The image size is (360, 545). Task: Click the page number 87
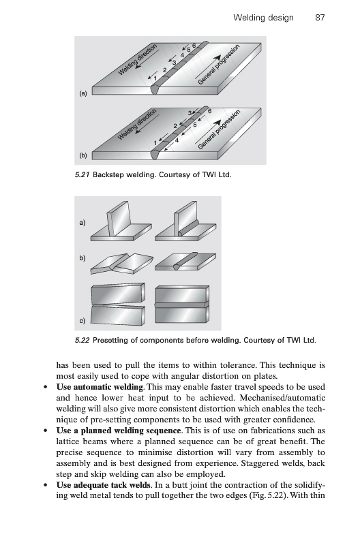coord(320,18)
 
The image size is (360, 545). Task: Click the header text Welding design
coord(263,18)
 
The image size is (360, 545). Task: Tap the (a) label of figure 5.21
coord(83,93)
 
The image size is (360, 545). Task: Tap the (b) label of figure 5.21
coord(83,155)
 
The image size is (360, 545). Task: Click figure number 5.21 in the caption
coord(82,174)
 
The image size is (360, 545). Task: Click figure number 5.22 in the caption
coord(82,340)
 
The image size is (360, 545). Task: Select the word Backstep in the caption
coord(108,175)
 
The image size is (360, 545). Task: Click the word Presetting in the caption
coord(110,340)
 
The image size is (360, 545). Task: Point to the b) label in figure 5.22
coord(82,258)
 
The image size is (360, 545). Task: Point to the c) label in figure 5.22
coord(82,320)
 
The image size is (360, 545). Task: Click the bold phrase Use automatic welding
coord(100,387)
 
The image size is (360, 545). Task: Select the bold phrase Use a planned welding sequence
coord(119,431)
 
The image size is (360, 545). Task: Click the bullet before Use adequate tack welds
coord(45,485)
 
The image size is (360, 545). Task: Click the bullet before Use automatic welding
coord(45,387)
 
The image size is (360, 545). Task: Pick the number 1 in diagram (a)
coord(155,78)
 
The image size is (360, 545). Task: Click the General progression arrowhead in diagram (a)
coord(217,58)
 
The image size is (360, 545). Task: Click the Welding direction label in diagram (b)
coord(136,124)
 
